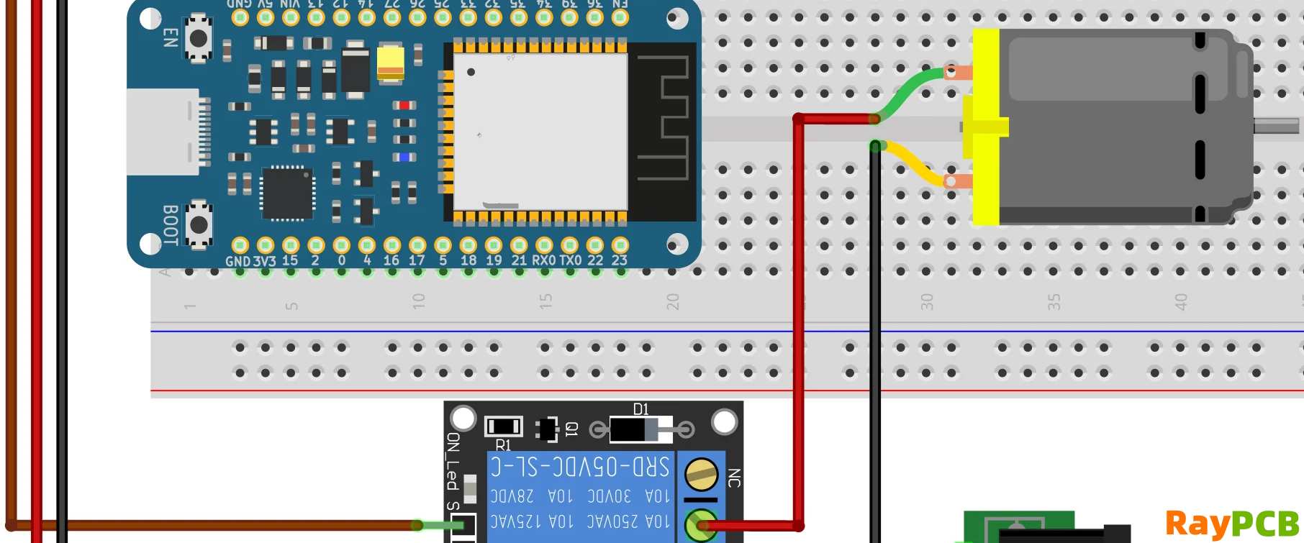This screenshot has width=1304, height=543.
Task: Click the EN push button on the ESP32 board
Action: point(198,38)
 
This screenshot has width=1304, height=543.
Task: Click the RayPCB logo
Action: point(1232,523)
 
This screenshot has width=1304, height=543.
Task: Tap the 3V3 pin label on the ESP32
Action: point(264,261)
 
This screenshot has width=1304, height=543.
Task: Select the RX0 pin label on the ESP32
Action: point(544,260)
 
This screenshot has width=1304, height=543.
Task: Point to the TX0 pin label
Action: point(570,260)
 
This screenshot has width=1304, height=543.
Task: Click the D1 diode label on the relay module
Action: point(640,409)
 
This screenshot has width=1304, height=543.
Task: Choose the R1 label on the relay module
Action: point(503,445)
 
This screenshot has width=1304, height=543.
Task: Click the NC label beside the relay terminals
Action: point(734,478)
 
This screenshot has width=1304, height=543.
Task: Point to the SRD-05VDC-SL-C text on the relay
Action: point(580,467)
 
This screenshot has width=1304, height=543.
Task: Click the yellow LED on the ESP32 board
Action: point(391,61)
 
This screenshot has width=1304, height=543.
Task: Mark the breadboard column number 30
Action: point(927,301)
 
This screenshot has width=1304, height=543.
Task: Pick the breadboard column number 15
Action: point(545,301)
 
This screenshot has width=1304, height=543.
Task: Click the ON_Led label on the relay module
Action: point(453,461)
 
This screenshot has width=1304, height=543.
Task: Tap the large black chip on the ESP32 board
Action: point(287,193)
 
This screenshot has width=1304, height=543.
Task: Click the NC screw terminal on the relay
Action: point(700,475)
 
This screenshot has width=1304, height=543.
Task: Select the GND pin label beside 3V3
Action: point(237,261)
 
